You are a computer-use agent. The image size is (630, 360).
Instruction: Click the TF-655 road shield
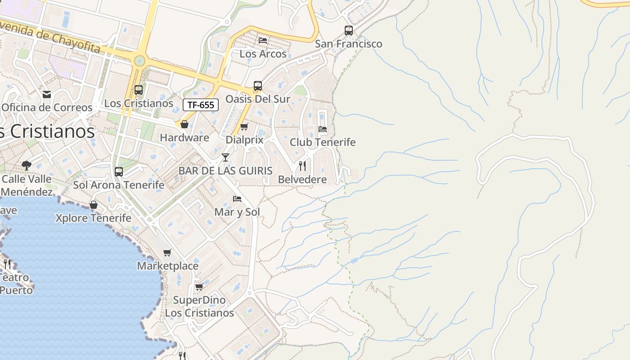(x=201, y=105)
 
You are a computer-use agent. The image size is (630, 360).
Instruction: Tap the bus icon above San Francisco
(x=349, y=31)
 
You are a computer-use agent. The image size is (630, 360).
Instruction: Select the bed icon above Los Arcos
(x=263, y=40)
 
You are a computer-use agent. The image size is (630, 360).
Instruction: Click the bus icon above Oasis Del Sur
(x=258, y=86)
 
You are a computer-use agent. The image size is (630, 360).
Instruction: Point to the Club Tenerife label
(x=322, y=142)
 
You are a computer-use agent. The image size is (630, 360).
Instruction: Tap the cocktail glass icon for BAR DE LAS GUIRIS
(x=225, y=157)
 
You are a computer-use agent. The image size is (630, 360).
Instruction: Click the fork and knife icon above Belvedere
(x=302, y=166)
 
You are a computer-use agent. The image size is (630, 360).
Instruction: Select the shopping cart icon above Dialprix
(x=244, y=126)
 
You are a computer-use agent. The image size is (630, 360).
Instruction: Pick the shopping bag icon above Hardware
(x=184, y=124)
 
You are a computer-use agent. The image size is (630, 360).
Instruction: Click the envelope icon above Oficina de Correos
(x=47, y=94)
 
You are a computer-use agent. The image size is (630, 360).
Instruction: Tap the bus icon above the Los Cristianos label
(x=139, y=90)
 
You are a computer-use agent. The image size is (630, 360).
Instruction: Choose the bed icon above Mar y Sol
(x=237, y=198)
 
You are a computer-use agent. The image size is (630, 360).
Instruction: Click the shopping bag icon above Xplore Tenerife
(x=94, y=205)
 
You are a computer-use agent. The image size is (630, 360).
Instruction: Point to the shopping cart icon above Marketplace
(x=167, y=252)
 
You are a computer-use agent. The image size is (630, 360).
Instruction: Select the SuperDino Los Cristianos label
(x=199, y=306)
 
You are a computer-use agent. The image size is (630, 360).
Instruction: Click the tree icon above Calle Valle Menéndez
(x=27, y=165)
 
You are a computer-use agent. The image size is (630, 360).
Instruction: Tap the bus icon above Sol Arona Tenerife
(x=119, y=171)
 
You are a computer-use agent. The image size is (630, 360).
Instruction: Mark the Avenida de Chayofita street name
(x=49, y=35)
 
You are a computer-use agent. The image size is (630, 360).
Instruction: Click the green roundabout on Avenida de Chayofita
(x=139, y=60)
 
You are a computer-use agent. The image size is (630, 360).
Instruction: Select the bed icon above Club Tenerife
(x=323, y=129)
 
